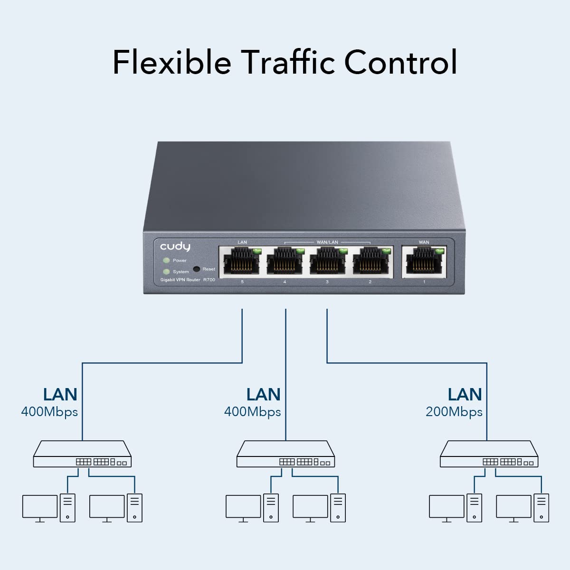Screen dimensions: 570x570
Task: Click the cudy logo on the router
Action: point(175,247)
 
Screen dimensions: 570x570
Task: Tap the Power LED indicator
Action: point(166,260)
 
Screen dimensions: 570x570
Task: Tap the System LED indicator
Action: point(166,272)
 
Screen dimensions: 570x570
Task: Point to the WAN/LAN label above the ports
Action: point(327,242)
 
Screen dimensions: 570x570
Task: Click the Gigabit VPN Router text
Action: point(180,280)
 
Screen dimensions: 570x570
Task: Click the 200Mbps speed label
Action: point(454,412)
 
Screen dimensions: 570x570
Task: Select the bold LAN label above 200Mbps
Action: point(465,394)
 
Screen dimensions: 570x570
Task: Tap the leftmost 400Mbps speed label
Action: point(49,412)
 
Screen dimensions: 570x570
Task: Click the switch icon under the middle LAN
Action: point(285,455)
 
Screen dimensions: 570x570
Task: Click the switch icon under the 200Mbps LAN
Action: point(489,455)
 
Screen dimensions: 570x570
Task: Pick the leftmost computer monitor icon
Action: point(40,507)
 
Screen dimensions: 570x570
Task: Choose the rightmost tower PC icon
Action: point(541,508)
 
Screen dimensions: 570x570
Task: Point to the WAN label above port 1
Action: point(424,242)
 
